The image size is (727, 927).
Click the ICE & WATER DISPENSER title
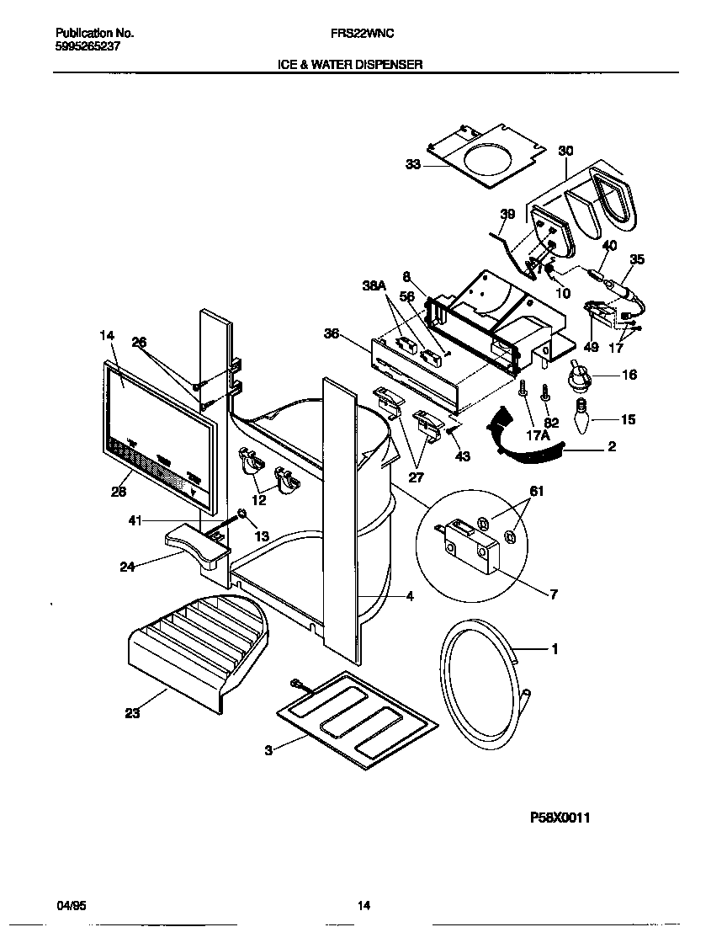pyautogui.click(x=363, y=64)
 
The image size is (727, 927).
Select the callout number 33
pyautogui.click(x=413, y=165)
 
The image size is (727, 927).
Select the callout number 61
pyautogui.click(x=538, y=491)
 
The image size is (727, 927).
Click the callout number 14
pyautogui.click(x=106, y=335)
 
